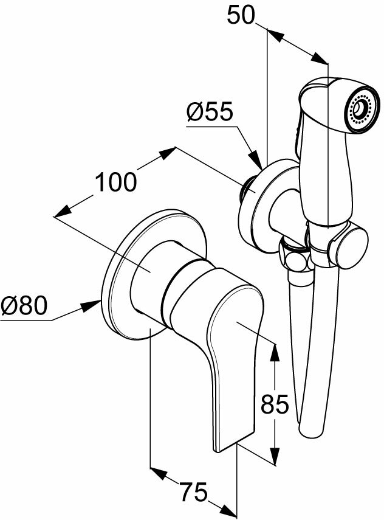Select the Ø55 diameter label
[210, 113]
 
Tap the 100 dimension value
[115, 182]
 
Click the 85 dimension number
[274, 404]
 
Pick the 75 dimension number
[193, 491]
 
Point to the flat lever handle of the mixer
[234, 365]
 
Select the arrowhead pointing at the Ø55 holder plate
[258, 161]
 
